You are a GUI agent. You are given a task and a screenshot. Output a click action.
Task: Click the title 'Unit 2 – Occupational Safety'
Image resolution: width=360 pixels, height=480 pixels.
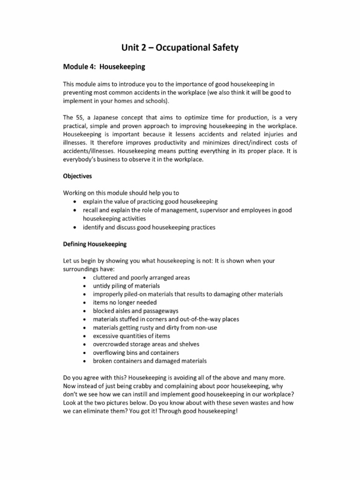click(x=180, y=47)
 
